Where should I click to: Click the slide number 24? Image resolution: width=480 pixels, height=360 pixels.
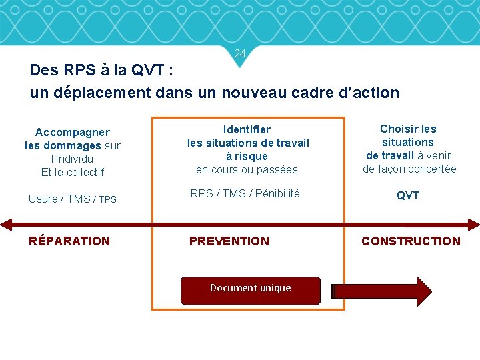(240, 53)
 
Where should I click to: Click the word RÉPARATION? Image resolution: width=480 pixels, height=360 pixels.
(69, 241)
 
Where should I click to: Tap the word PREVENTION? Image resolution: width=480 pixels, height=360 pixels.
(229, 241)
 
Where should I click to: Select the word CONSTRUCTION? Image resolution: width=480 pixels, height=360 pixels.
(411, 241)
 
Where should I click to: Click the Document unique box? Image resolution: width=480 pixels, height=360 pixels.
(251, 288)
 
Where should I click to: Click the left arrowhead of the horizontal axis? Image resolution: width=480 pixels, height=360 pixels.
(6, 225)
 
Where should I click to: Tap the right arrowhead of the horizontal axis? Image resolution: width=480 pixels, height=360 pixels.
(473, 225)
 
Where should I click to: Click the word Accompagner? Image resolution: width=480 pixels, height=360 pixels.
(73, 133)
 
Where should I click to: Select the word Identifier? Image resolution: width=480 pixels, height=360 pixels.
(247, 129)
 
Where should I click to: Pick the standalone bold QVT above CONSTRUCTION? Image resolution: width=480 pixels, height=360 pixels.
(408, 195)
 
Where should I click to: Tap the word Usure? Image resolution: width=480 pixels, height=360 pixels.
(43, 199)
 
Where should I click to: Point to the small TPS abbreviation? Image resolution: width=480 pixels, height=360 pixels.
(107, 199)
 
